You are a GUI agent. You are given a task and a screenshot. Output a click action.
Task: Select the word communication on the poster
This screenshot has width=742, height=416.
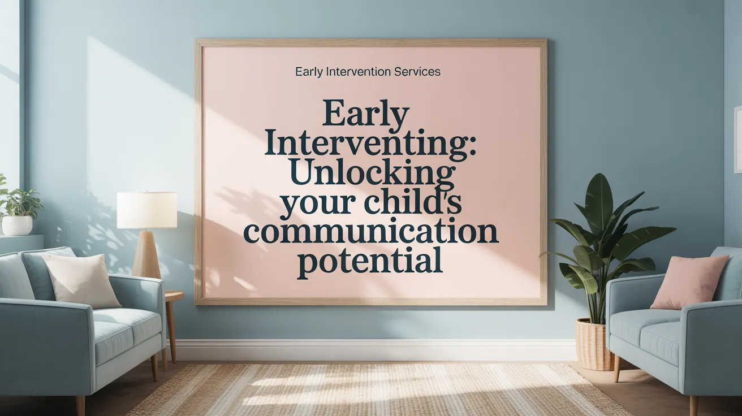pos(370,233)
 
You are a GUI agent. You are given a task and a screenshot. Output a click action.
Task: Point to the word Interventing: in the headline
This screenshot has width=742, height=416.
pos(370,144)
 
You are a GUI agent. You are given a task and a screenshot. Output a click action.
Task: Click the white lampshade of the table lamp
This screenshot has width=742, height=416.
pos(147,210)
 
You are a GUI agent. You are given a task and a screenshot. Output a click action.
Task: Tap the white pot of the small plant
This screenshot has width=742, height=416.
pos(17,226)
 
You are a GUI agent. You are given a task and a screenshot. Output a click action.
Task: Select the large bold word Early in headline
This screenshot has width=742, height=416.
pos(365,115)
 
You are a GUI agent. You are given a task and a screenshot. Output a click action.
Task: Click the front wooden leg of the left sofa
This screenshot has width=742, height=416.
pos(80,405)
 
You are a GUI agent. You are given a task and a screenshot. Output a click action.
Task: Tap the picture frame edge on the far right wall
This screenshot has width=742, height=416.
pos(737,138)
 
